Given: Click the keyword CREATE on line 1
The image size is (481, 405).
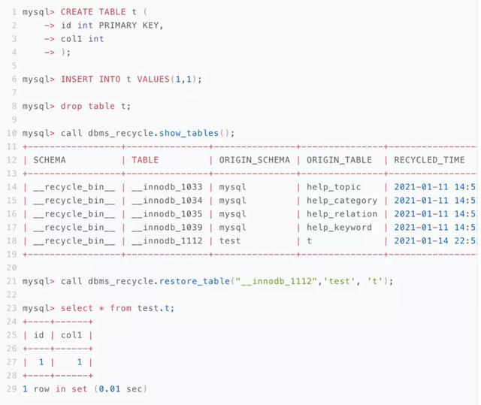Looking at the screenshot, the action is tap(77, 12).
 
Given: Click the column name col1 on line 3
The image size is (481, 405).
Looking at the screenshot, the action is tap(71, 39).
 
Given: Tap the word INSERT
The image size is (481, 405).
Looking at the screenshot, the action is tap(77, 80).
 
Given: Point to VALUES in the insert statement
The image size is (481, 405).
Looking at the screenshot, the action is tap(153, 80).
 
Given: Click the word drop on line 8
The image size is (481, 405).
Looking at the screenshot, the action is tap(71, 107).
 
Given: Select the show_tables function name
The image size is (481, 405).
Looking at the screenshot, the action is tap(189, 133).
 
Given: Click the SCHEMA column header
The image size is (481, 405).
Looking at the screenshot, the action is tap(50, 160).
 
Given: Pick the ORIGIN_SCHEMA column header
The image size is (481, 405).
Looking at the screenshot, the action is tap(254, 160).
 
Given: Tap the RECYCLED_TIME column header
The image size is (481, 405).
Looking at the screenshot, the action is tap(429, 160).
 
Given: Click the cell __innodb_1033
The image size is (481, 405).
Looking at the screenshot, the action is tap(167, 187).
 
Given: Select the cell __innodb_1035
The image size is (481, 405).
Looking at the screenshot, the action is tap(167, 214).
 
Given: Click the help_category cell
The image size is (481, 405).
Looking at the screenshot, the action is tap(342, 201).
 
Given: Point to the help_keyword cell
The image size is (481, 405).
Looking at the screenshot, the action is tap(339, 228).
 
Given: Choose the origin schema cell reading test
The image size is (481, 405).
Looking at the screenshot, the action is tap(230, 241).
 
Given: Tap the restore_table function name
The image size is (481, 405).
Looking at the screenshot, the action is tap(194, 282).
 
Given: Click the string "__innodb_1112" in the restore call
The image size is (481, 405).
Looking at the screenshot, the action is tap(276, 282).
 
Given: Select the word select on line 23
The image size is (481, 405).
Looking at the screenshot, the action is tap(77, 308).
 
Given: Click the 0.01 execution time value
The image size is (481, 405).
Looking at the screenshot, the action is tap(110, 389).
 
